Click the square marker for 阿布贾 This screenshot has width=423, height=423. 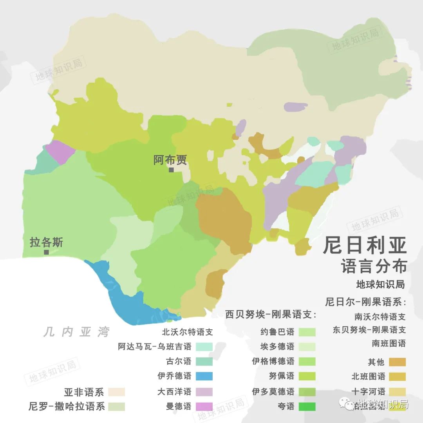(171, 170)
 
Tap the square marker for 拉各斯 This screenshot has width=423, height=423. (47, 252)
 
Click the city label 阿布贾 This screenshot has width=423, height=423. (170, 160)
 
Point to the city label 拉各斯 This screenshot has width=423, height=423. (46, 242)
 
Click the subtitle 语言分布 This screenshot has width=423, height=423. (374, 267)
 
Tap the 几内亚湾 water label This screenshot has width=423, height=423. (77, 333)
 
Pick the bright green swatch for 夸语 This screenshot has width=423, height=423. (307, 407)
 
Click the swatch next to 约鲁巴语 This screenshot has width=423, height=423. (307, 332)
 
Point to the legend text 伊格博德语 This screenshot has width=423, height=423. (273, 361)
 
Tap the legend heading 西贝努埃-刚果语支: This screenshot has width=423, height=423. (270, 315)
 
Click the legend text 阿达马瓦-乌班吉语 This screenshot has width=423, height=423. (155, 347)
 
